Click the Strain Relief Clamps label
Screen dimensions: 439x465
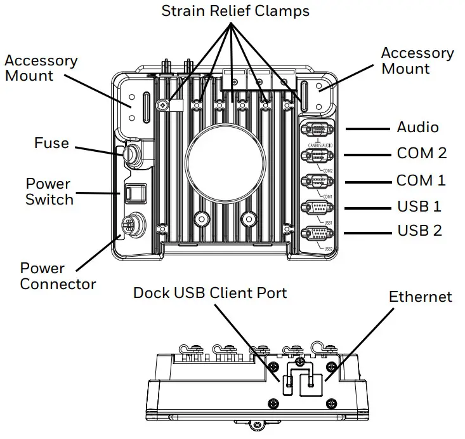235,11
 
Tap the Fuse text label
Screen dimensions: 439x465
51,143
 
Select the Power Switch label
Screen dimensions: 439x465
49,191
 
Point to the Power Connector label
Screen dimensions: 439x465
58,276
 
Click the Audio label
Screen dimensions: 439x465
417,127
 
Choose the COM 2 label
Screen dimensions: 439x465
422,153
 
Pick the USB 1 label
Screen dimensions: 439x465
419,206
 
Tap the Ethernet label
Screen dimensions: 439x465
420,297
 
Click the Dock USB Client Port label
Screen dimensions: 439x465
210,293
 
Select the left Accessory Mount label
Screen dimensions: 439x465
41,68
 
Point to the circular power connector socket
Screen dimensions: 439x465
130,224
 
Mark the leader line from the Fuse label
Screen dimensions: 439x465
98,150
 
